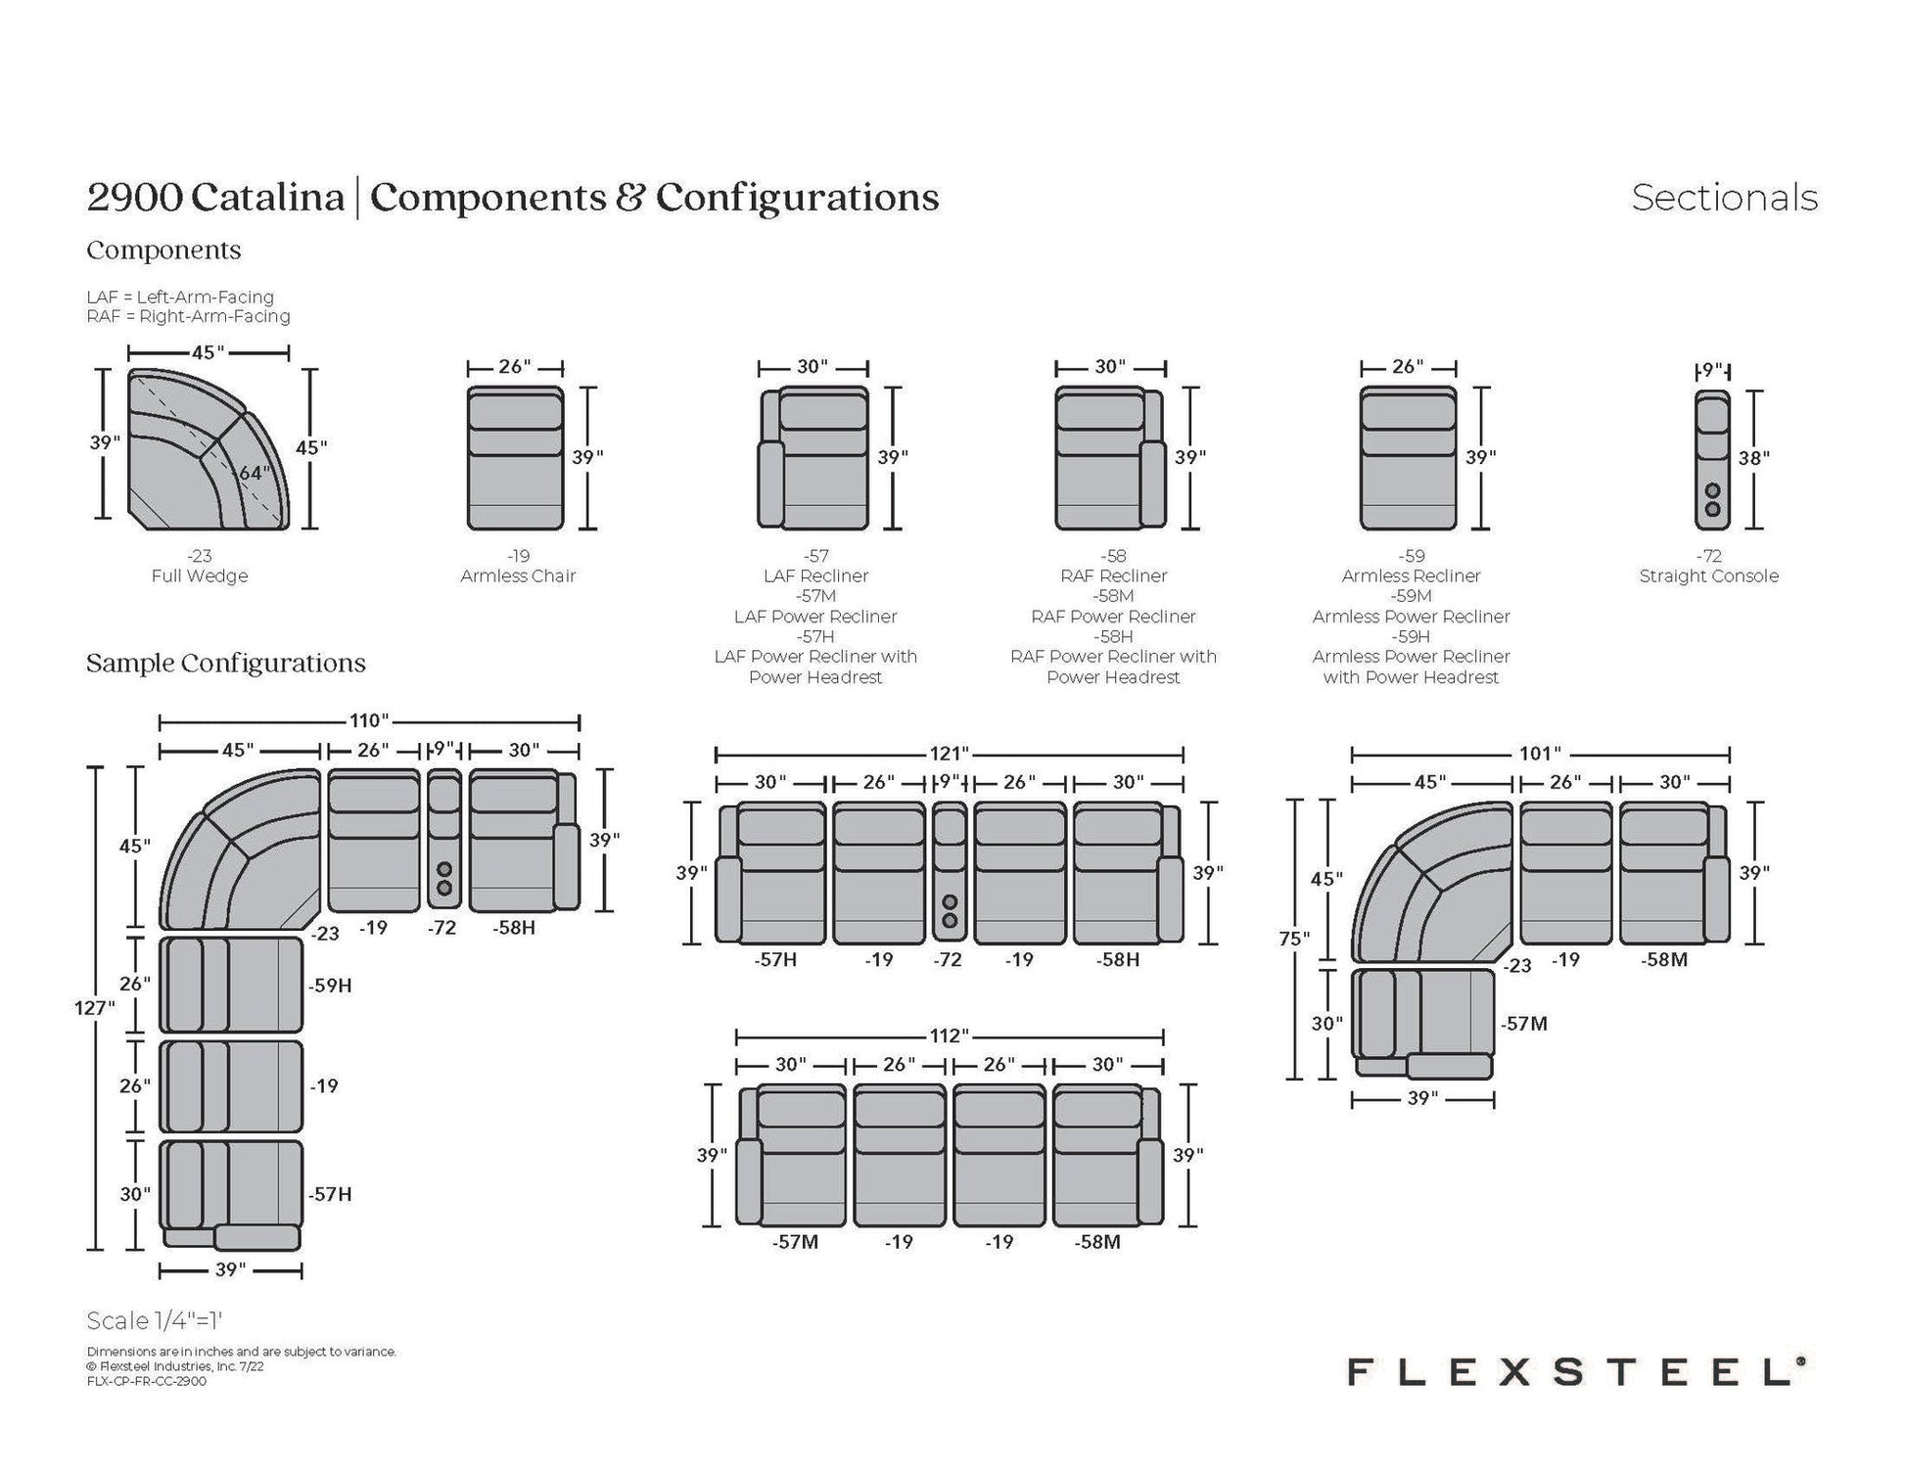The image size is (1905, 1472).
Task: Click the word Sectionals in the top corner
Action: coord(1724,198)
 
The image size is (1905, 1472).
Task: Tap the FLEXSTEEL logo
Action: coord(1575,1371)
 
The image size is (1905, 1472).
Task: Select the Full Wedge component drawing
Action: coord(209,450)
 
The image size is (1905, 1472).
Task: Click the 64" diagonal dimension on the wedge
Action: coord(254,474)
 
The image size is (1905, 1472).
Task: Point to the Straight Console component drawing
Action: coord(1712,460)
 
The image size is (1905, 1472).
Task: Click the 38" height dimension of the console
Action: coord(1753,458)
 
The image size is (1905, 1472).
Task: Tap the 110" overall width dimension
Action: coord(369,721)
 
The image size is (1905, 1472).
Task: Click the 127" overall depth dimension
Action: coord(95,1008)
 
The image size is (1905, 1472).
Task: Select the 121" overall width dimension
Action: coord(950,754)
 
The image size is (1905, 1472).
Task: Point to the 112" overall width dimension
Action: coord(950,1035)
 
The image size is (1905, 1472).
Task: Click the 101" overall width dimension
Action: coord(1540,754)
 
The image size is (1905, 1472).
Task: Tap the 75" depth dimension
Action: coord(1294,939)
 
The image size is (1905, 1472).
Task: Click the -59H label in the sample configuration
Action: coord(330,986)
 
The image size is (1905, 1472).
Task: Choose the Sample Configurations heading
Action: coord(226,663)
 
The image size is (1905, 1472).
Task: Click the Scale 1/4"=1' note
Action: coord(161,1320)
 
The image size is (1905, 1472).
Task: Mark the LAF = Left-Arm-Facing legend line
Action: coord(180,297)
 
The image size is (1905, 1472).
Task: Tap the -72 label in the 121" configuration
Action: coord(948,960)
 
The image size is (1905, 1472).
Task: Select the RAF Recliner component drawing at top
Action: coord(1110,458)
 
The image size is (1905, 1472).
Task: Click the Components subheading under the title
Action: coord(163,250)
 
